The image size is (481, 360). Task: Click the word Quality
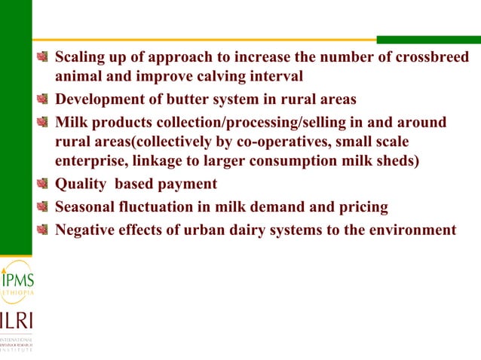click(x=80, y=185)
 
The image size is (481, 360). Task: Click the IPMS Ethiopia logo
click(x=16, y=282)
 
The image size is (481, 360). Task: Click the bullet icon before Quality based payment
click(x=44, y=185)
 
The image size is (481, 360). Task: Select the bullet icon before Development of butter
click(x=44, y=99)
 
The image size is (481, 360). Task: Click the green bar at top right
click(x=427, y=39)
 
